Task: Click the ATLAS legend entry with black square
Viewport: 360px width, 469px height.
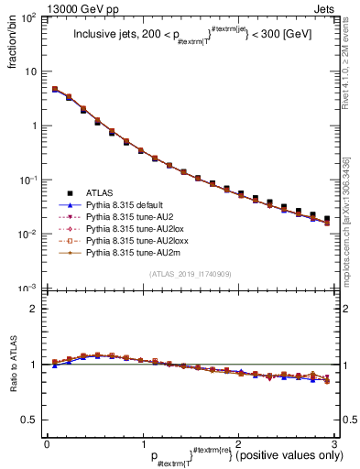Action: (x=101, y=192)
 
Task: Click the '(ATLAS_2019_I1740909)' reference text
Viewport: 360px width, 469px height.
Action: (x=191, y=274)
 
